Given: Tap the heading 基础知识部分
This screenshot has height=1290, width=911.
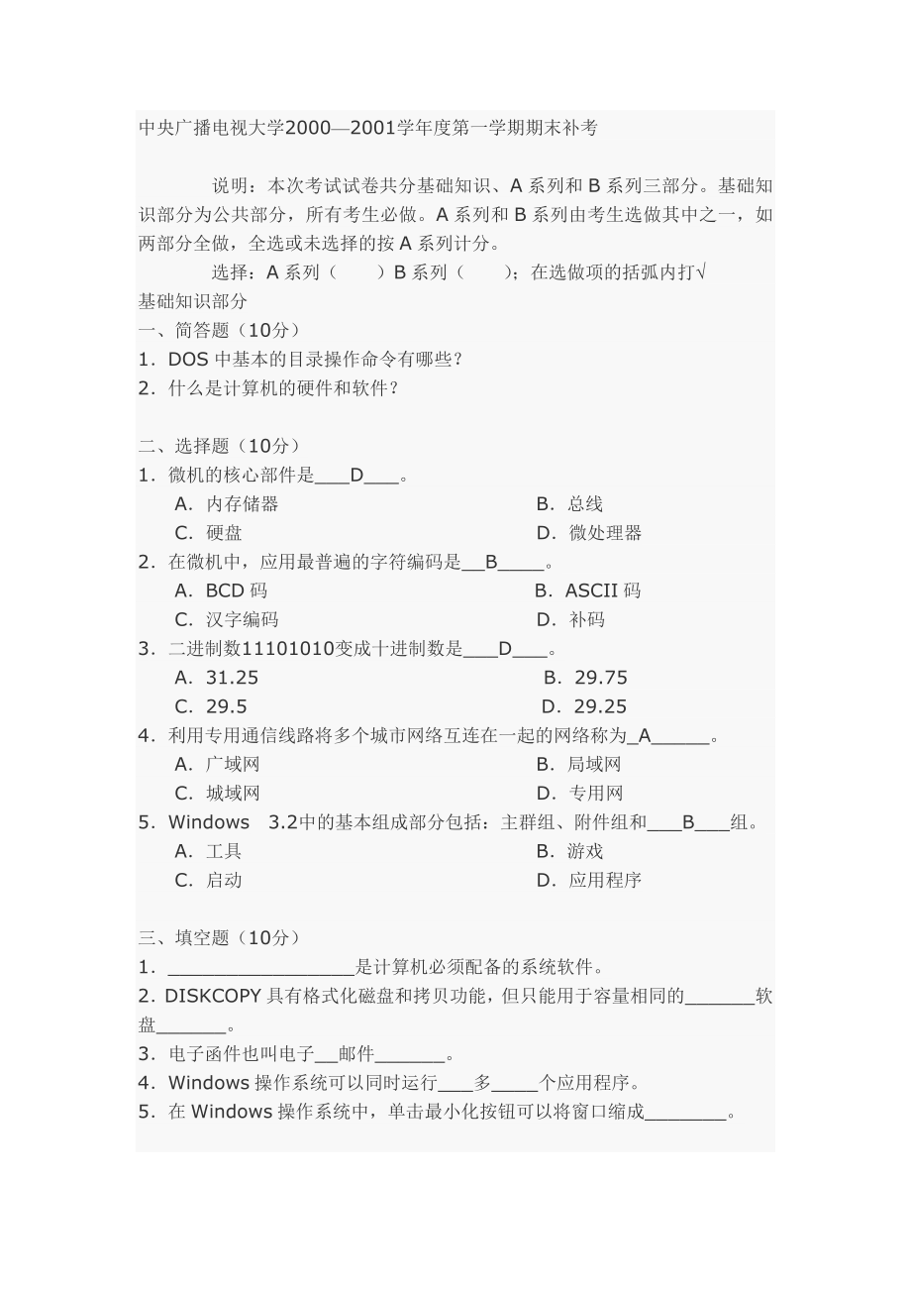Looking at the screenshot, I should click(x=193, y=301).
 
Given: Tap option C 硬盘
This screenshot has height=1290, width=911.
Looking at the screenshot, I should click(x=224, y=533).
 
